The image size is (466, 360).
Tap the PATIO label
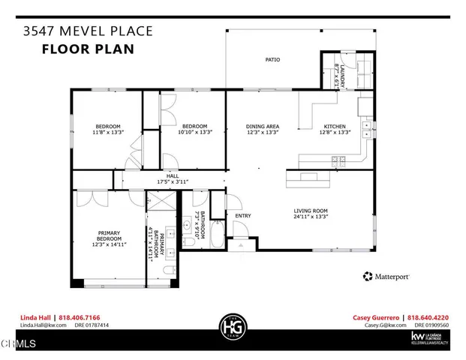pos(272,59)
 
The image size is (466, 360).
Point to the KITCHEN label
pos(335,126)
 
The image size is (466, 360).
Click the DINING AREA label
pos(263,126)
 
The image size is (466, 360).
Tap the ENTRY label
pos(242,216)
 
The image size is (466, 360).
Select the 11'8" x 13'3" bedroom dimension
pos(107,132)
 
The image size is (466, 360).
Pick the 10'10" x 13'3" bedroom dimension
pos(195,132)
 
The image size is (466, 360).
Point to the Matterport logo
pos(386,276)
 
